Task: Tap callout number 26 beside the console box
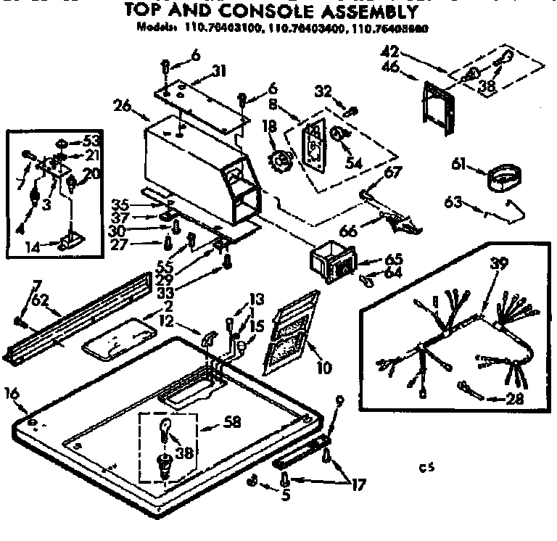click(121, 105)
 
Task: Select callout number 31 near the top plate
click(219, 70)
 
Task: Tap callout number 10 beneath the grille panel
click(323, 368)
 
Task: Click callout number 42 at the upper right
click(389, 51)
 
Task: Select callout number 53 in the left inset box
click(91, 140)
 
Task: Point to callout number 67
click(392, 172)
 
